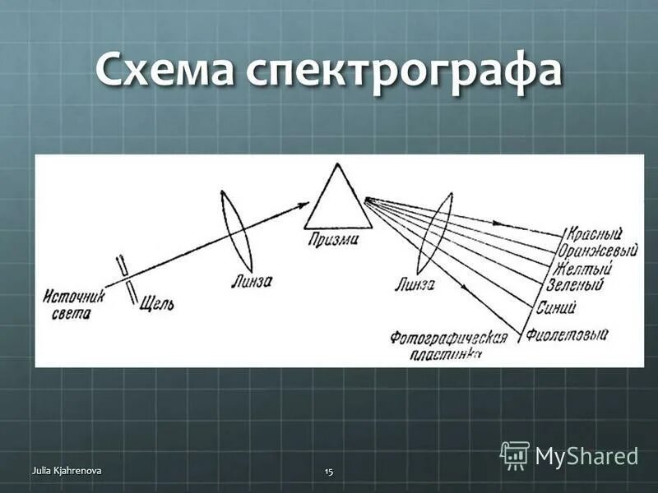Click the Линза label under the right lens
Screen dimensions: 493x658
(415, 284)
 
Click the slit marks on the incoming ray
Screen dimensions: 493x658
(127, 279)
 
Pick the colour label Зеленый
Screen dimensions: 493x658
(575, 286)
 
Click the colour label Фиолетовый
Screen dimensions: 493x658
(567, 334)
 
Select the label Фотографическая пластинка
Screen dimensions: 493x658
(447, 343)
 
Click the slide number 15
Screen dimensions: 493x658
(329, 471)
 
